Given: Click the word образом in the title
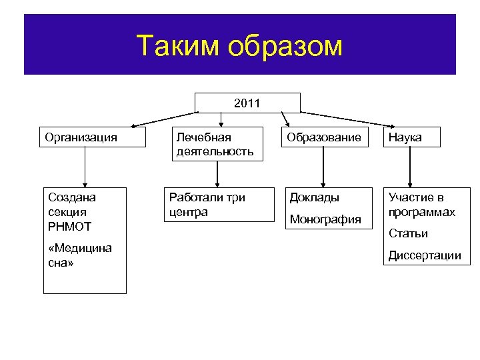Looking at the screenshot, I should click(285, 46).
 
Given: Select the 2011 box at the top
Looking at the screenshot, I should click(247, 103).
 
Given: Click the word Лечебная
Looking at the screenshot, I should click(203, 137).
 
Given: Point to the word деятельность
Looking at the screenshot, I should click(215, 151).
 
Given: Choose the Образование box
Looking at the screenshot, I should click(324, 137).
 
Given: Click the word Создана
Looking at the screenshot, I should click(72, 197).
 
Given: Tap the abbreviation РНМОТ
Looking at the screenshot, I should click(70, 227).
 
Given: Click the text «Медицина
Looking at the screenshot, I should click(80, 248).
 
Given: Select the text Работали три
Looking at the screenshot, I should click(207, 197).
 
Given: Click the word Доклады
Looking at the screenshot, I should click(314, 197).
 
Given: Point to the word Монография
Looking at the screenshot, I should click(325, 219).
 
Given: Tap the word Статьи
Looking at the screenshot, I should click(408, 233).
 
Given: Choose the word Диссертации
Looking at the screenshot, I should click(425, 255).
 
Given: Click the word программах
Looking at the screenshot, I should click(422, 212).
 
